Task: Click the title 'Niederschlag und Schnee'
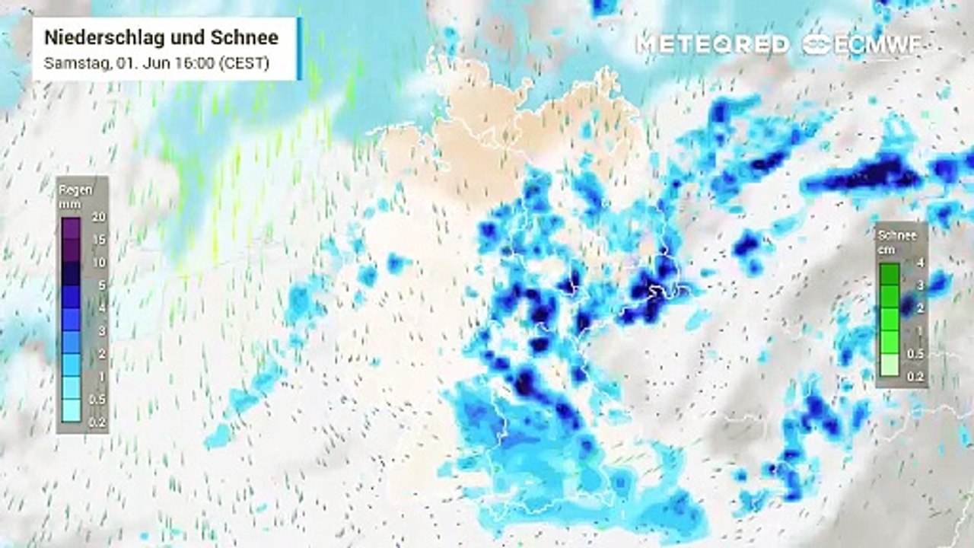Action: [x=161, y=37]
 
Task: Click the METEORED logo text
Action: [x=712, y=44]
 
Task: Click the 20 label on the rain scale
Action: [x=99, y=217]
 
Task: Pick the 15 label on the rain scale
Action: [x=99, y=240]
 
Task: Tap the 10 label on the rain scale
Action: [x=99, y=263]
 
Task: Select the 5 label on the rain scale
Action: [x=101, y=285]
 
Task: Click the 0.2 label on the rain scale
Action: [x=97, y=422]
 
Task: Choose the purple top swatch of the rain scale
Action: [x=71, y=228]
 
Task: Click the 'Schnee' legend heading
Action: [x=897, y=235]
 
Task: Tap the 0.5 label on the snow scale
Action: [x=918, y=354]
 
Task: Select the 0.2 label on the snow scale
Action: [x=918, y=375]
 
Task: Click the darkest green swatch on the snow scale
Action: [x=890, y=274]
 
